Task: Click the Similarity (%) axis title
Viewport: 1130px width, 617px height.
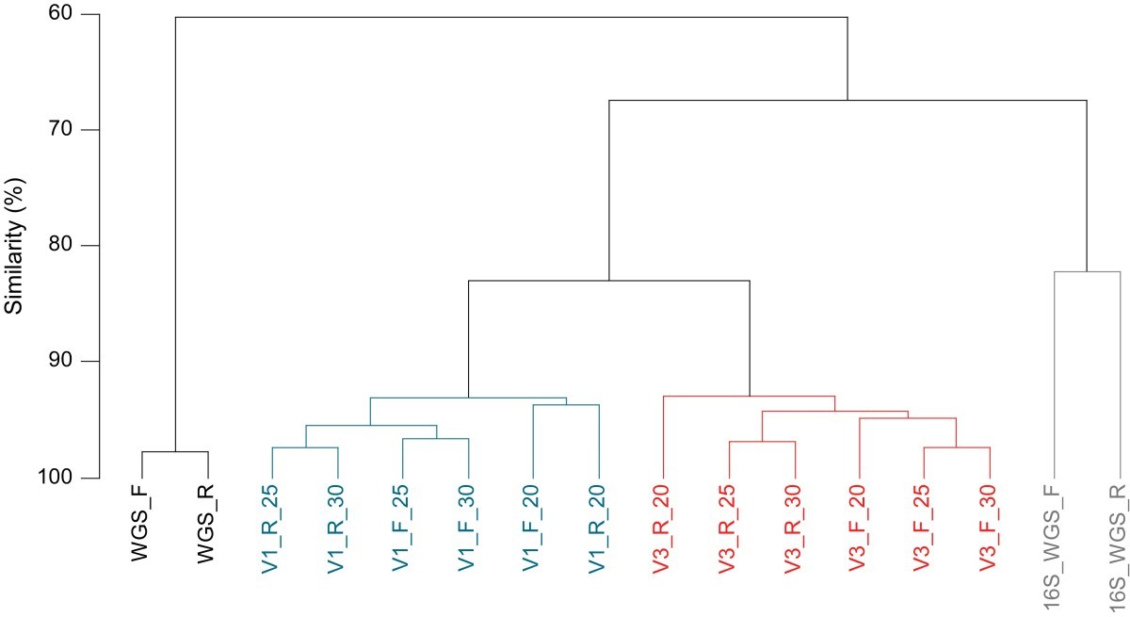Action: [x=14, y=247]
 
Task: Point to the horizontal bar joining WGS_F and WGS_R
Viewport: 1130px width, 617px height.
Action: [x=174, y=452]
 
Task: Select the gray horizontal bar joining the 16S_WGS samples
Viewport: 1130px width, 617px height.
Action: [x=1088, y=271]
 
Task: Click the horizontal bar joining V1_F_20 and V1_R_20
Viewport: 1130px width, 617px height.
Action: [x=566, y=405]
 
